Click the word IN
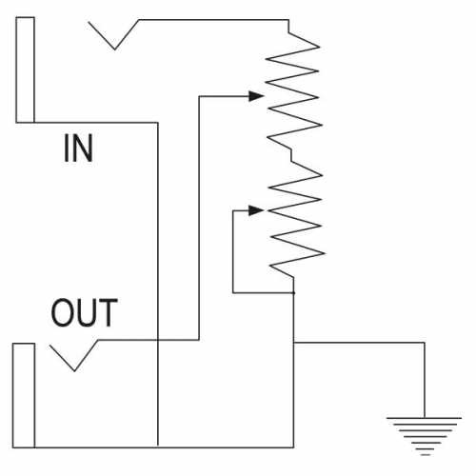(78, 148)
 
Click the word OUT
(85, 312)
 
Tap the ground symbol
(424, 436)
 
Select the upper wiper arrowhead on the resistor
(256, 96)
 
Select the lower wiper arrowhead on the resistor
(256, 210)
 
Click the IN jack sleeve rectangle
(25, 69)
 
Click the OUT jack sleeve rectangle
(24, 395)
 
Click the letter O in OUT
(62, 312)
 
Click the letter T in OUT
(109, 312)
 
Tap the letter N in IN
(83, 148)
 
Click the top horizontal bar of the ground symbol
(424, 418)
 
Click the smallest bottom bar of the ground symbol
(426, 455)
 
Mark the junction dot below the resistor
(293, 292)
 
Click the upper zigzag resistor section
(292, 90)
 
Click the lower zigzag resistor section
(296, 219)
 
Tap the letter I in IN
(67, 148)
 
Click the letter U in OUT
(86, 313)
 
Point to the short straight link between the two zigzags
(291, 155)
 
